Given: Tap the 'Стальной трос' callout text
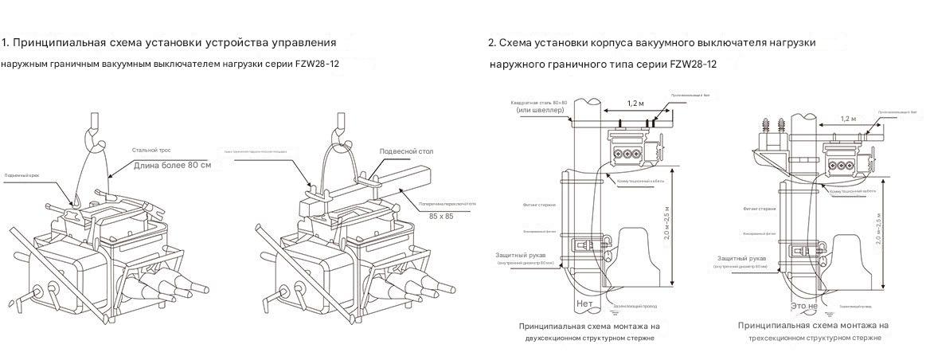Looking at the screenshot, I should pyautogui.click(x=152, y=150).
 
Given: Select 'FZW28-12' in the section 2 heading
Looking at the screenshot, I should pyautogui.click(x=693, y=64).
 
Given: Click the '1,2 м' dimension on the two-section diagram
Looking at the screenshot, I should pyautogui.click(x=636, y=104).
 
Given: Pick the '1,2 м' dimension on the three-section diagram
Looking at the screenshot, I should pyautogui.click(x=849, y=119).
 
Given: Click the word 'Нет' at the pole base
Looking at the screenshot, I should pyautogui.click(x=584, y=303).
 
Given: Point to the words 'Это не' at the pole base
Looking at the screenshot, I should pyautogui.click(x=803, y=305).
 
